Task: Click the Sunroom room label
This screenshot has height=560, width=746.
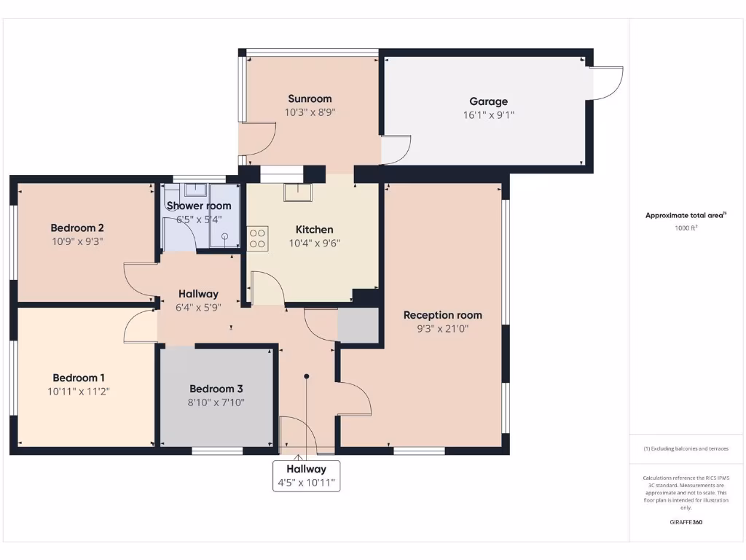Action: point(310,99)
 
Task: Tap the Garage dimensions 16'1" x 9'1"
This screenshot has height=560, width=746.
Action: point(488,115)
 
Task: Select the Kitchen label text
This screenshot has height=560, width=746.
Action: point(314,230)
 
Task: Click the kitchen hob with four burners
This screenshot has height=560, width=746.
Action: point(258,238)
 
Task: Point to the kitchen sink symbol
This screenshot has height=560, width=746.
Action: point(298,192)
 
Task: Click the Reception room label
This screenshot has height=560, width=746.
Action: point(443,315)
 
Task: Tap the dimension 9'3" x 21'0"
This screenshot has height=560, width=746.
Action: point(443,329)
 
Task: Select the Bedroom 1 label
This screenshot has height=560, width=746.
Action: point(79,378)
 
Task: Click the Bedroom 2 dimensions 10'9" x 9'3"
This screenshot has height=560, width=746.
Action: point(77,241)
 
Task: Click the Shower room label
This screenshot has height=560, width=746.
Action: point(199,206)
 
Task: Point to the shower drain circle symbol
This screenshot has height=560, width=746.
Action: point(224,236)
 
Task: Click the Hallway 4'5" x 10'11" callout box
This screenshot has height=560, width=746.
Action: point(306,475)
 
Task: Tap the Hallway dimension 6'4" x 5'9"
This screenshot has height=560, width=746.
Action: point(199,308)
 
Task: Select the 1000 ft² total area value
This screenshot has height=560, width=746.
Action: point(686,228)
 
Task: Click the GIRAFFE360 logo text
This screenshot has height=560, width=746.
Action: point(686,522)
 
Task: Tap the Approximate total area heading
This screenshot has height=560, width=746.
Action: point(685,215)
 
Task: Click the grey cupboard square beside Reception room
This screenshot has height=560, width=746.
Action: point(358,326)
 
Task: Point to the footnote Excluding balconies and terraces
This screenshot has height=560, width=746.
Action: point(686,449)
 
